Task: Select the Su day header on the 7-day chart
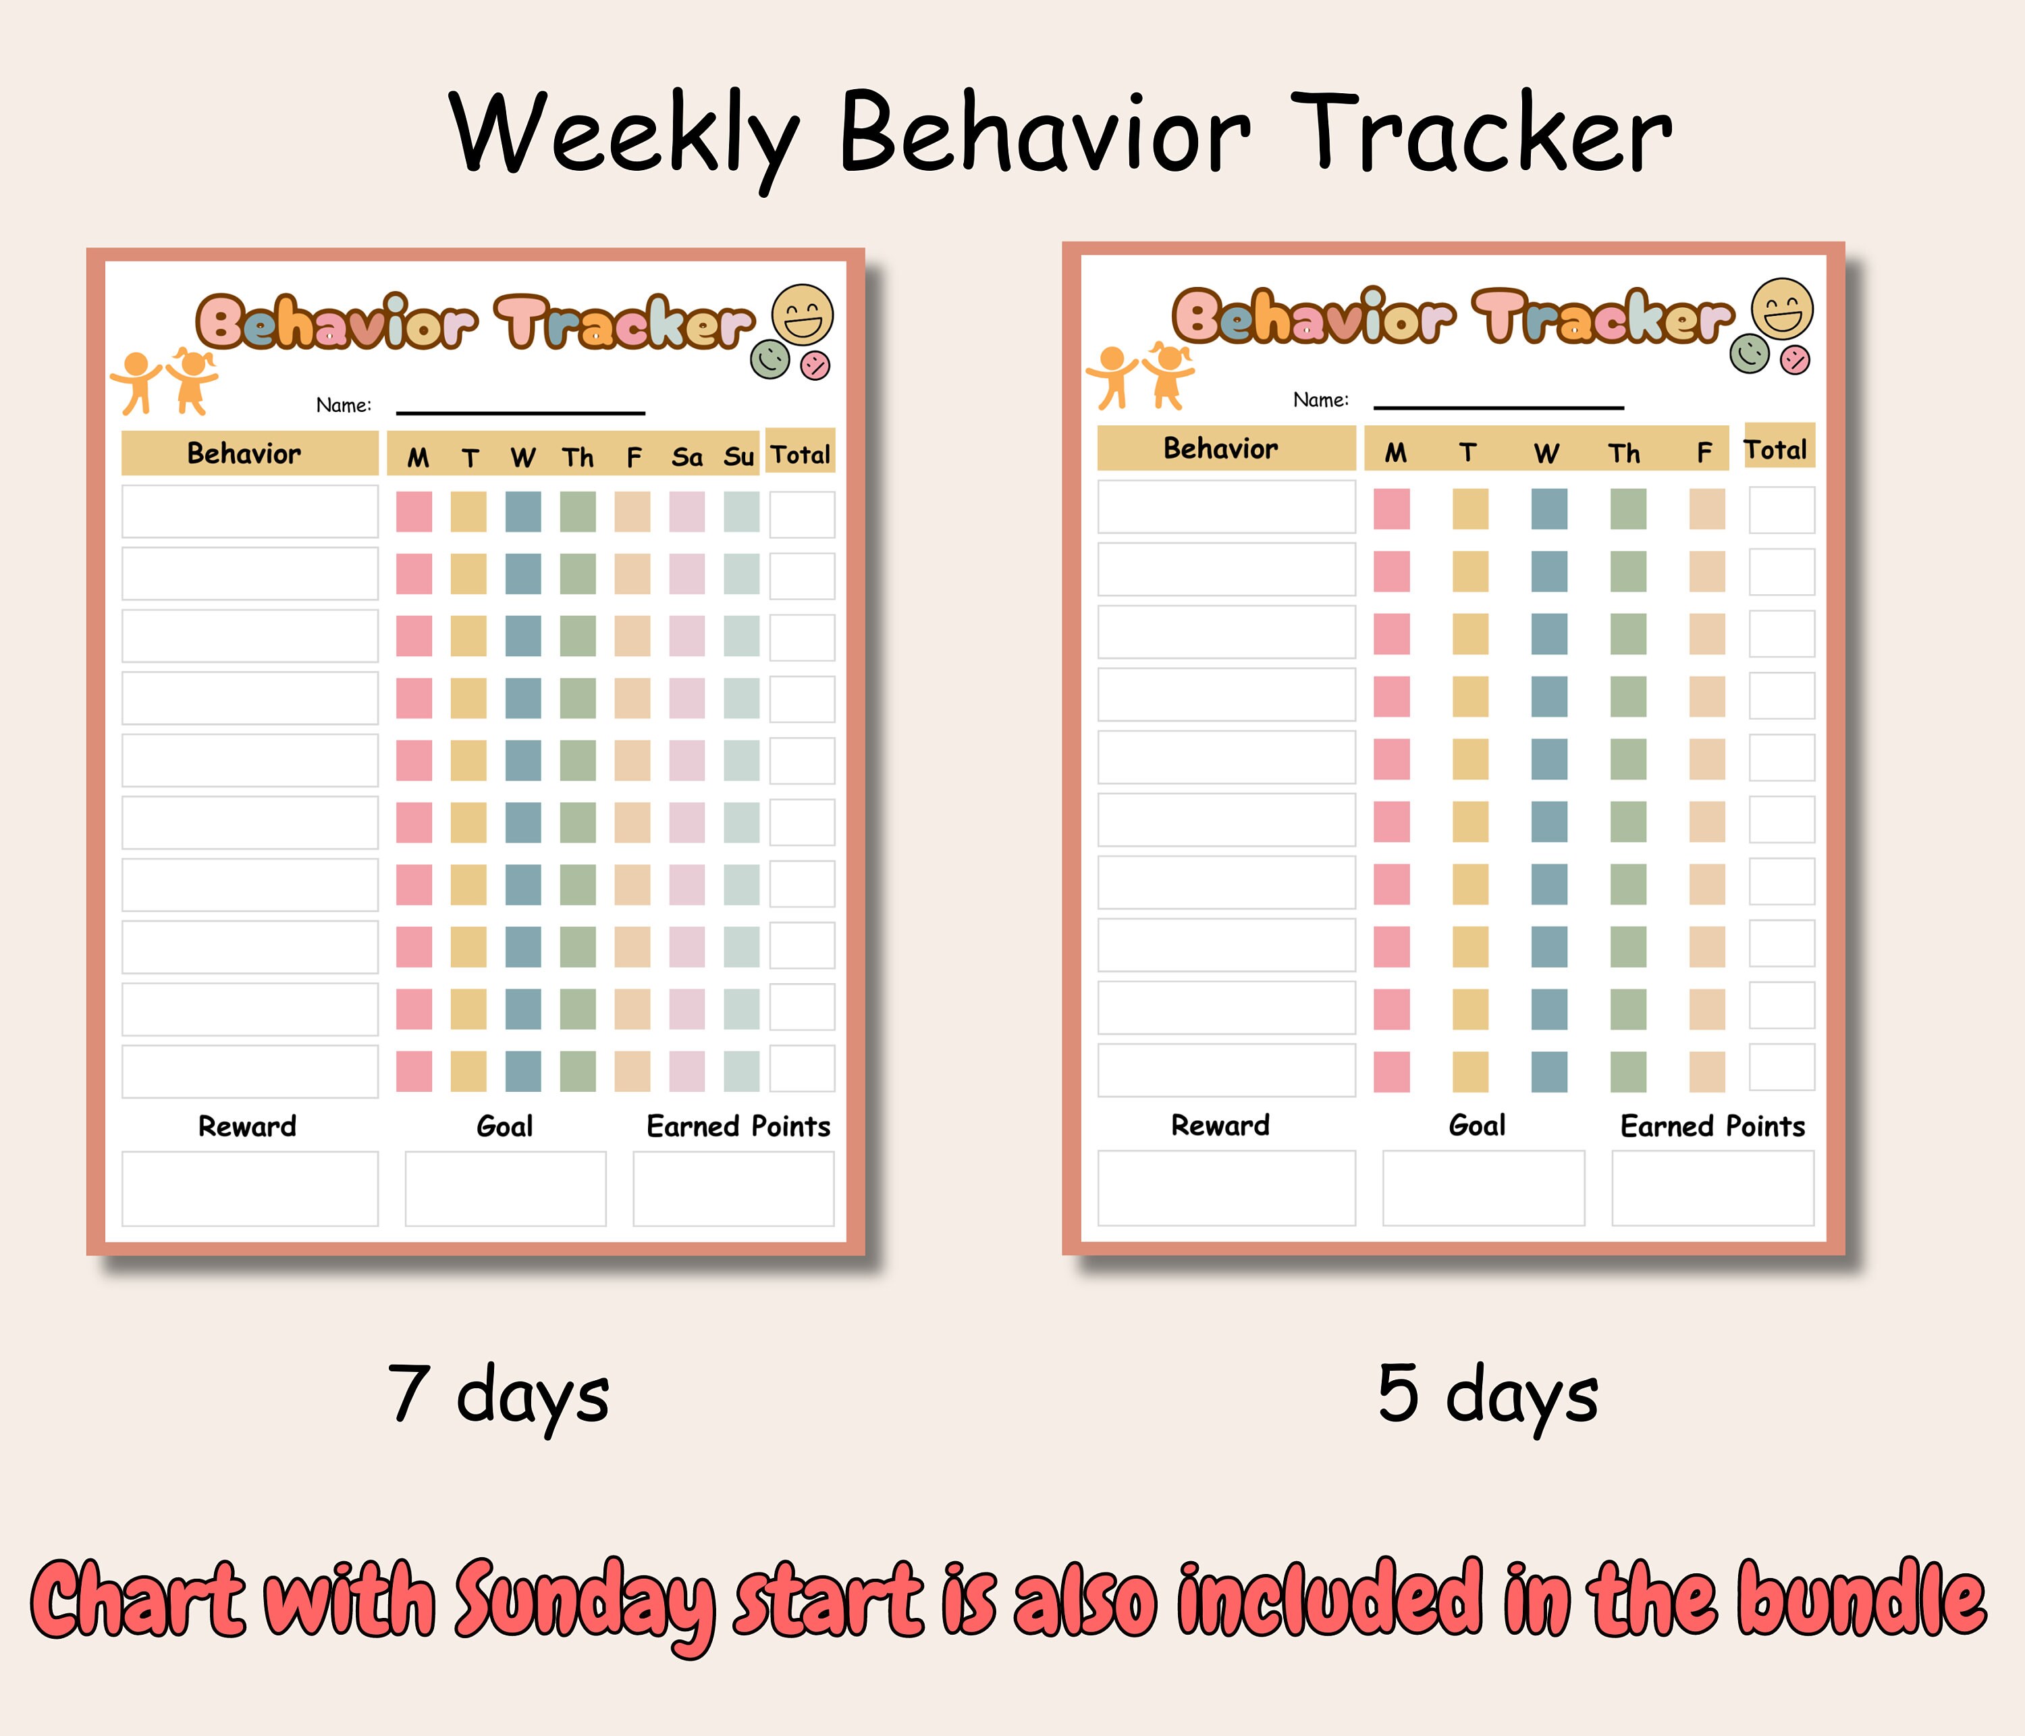click(x=739, y=457)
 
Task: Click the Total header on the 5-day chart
click(x=1776, y=450)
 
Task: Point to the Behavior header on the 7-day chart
click(x=244, y=454)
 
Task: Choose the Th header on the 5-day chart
click(x=1624, y=452)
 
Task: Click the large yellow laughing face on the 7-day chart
click(x=803, y=315)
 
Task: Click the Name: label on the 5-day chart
click(x=1320, y=400)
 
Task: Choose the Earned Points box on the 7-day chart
click(x=733, y=1188)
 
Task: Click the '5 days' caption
click(x=1488, y=1394)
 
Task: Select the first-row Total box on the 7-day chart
click(x=801, y=514)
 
